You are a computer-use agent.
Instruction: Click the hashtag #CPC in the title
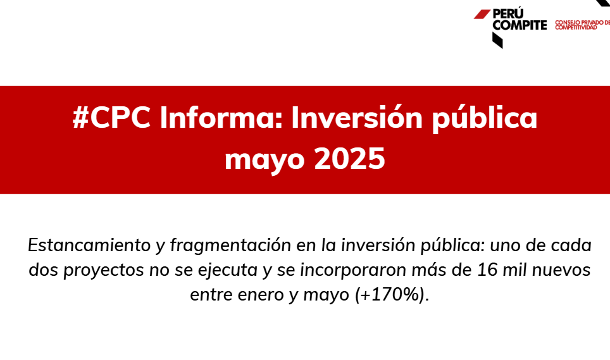coord(111,118)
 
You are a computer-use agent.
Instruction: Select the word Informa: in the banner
coord(221,118)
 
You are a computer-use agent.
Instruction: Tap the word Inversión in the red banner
coord(357,118)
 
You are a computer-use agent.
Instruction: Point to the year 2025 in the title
coord(349,158)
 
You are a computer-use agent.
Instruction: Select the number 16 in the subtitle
coord(487,270)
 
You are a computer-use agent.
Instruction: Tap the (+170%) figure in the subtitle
coord(392,295)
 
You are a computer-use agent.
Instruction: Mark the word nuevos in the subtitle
coord(561,270)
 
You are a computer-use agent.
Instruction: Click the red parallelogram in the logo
coord(482,14)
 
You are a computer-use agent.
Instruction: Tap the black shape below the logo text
coord(497,40)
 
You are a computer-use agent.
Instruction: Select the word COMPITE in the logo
coord(520,25)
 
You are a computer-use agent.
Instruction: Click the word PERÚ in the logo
coord(508,14)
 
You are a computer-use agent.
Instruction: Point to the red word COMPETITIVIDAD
coord(576,28)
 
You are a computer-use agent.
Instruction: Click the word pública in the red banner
coord(485,118)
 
